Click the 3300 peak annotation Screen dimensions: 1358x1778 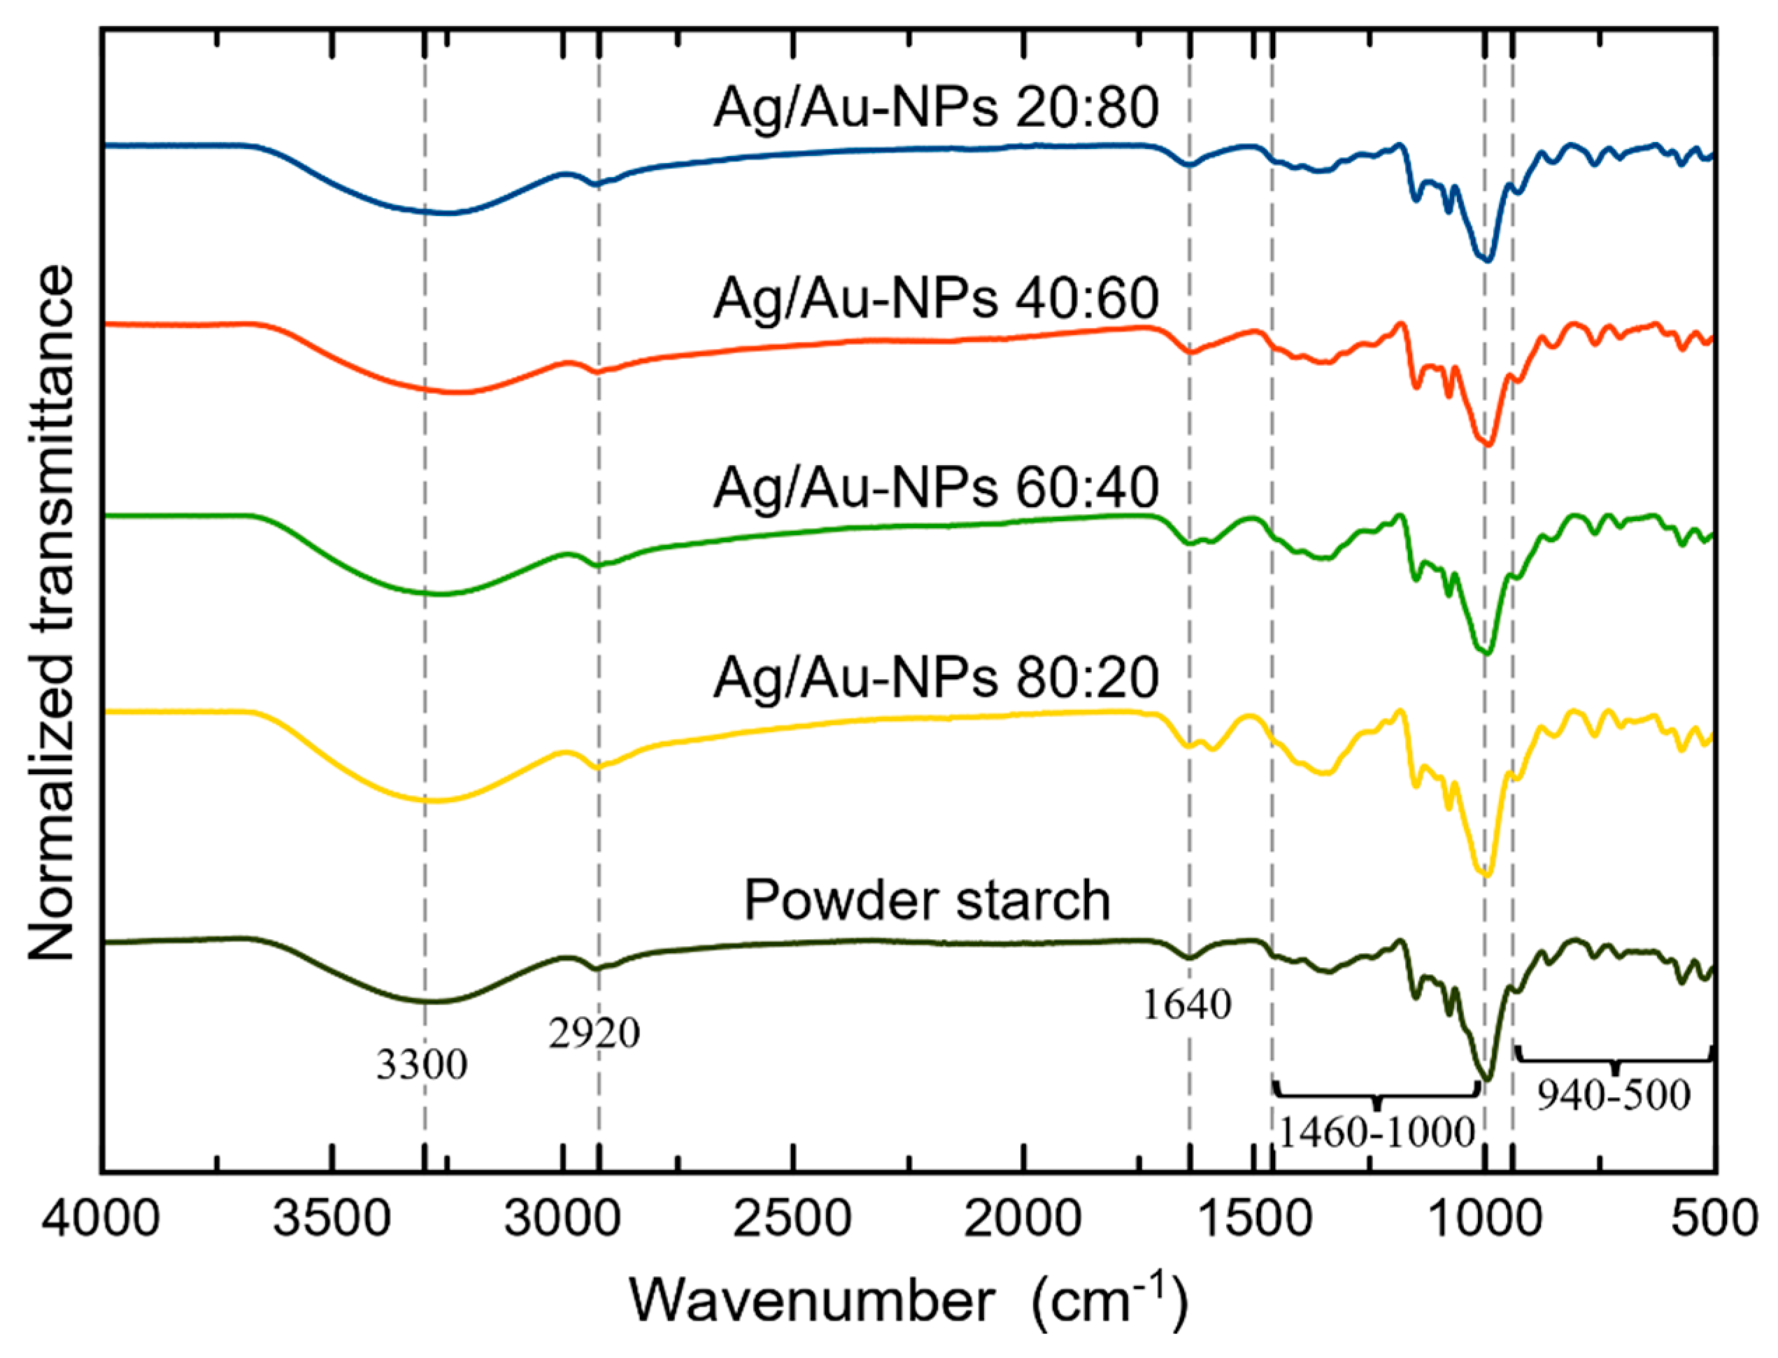tap(421, 1064)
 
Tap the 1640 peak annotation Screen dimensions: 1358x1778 tap(1186, 1004)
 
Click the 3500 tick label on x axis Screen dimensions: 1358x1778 tap(331, 1218)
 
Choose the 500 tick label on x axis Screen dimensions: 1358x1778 tap(1714, 1218)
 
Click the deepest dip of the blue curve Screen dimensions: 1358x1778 tap(1486, 259)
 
